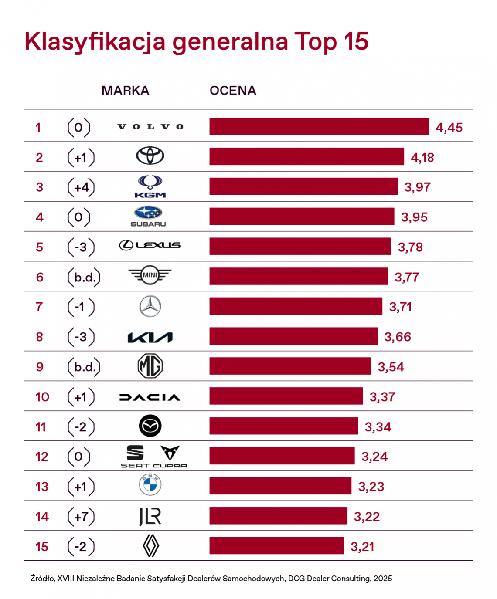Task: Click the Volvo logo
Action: (150, 127)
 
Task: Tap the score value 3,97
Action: (417, 187)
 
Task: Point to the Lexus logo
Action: (150, 245)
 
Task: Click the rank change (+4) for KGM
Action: (81, 187)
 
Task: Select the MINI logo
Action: (150, 275)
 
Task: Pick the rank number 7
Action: (39, 307)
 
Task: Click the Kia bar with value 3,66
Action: (293, 336)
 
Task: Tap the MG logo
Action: (150, 366)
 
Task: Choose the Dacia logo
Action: (150, 397)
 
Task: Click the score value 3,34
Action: (378, 427)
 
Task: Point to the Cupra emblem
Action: (170, 453)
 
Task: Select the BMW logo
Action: (150, 484)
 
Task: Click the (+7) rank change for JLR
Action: (81, 517)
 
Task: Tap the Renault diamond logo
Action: (151, 545)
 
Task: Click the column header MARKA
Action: (126, 91)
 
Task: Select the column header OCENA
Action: (233, 91)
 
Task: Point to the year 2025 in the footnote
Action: (383, 579)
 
